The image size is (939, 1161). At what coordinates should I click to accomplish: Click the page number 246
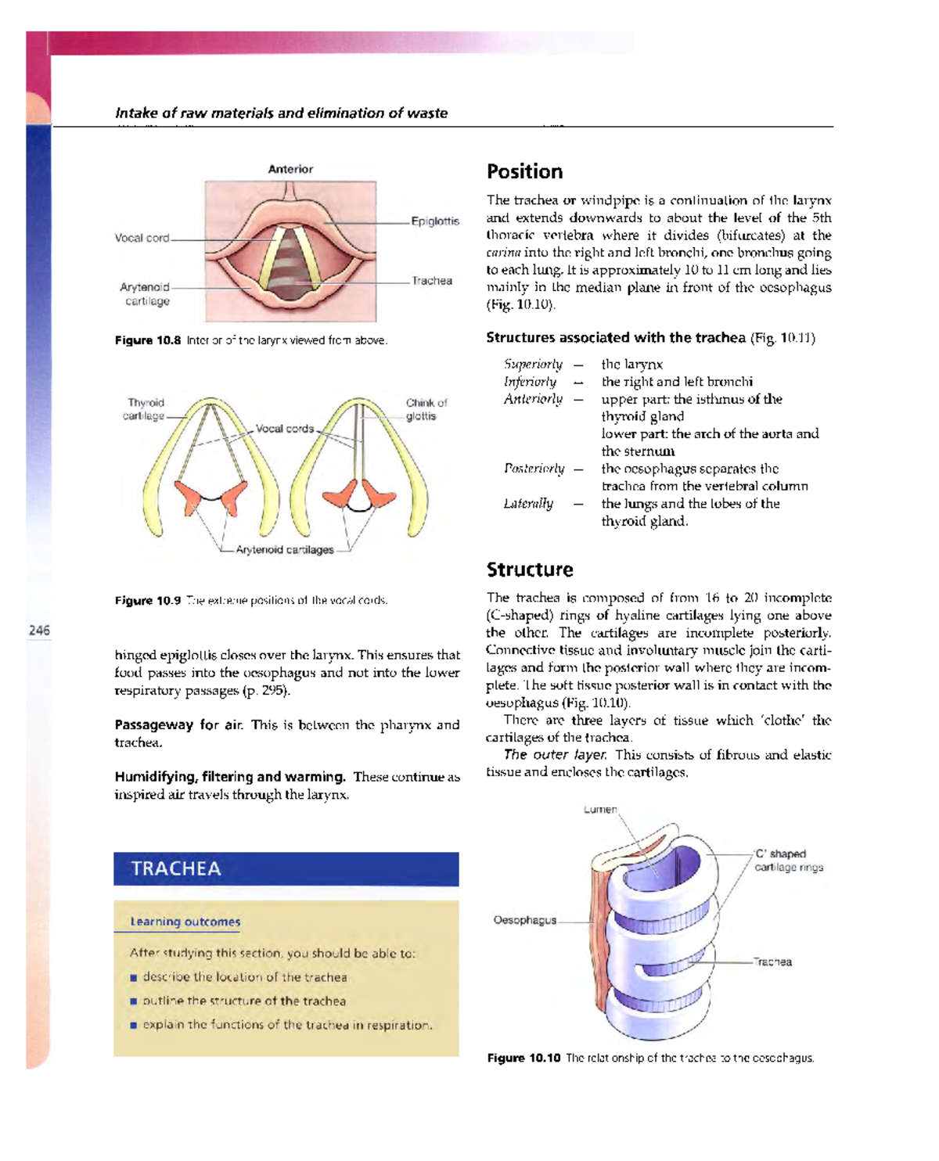[x=39, y=630]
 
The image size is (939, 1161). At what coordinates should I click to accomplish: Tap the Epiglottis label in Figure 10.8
[x=435, y=221]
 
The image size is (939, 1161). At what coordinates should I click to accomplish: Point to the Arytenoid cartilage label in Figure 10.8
[x=145, y=294]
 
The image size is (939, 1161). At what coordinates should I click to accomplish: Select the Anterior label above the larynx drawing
[x=290, y=169]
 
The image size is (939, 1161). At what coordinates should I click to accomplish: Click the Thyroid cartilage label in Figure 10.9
[x=145, y=409]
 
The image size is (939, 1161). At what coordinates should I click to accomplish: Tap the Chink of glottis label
[x=426, y=409]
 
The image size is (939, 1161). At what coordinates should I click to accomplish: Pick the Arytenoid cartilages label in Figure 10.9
[x=285, y=550]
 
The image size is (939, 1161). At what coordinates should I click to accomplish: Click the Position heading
[x=524, y=172]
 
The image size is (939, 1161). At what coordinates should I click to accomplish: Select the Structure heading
[x=530, y=570]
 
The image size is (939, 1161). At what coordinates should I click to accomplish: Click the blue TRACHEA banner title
[x=176, y=868]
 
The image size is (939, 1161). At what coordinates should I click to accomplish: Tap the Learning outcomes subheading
[x=185, y=922]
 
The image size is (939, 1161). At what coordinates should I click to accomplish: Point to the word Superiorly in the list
[x=533, y=364]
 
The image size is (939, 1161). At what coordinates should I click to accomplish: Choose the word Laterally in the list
[x=528, y=504]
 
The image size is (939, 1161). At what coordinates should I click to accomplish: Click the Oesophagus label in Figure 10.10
[x=524, y=920]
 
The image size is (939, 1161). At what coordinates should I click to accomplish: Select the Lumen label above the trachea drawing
[x=600, y=810]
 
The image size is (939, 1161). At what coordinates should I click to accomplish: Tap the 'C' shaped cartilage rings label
[x=788, y=861]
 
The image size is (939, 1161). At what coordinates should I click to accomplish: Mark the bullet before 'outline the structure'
[x=134, y=1001]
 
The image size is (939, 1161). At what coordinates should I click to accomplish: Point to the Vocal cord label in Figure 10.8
[x=142, y=238]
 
